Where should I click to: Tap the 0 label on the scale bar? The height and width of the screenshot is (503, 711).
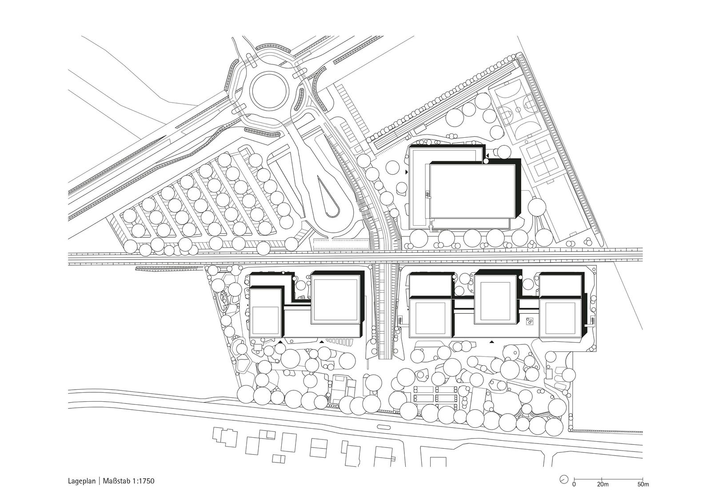574,493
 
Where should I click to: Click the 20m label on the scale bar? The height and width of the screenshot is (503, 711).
603,493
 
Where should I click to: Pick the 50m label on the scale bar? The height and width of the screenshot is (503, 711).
643,493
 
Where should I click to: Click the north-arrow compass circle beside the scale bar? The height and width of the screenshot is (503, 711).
564,488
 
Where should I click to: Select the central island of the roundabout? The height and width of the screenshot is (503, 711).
271,91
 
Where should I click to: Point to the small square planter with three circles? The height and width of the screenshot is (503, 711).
529,322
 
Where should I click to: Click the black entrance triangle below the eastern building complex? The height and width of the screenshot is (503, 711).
492,342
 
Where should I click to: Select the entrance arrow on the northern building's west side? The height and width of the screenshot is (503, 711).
407,172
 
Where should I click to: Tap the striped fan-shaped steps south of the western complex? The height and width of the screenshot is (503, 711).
340,342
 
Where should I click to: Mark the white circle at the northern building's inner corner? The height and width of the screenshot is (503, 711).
486,161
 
